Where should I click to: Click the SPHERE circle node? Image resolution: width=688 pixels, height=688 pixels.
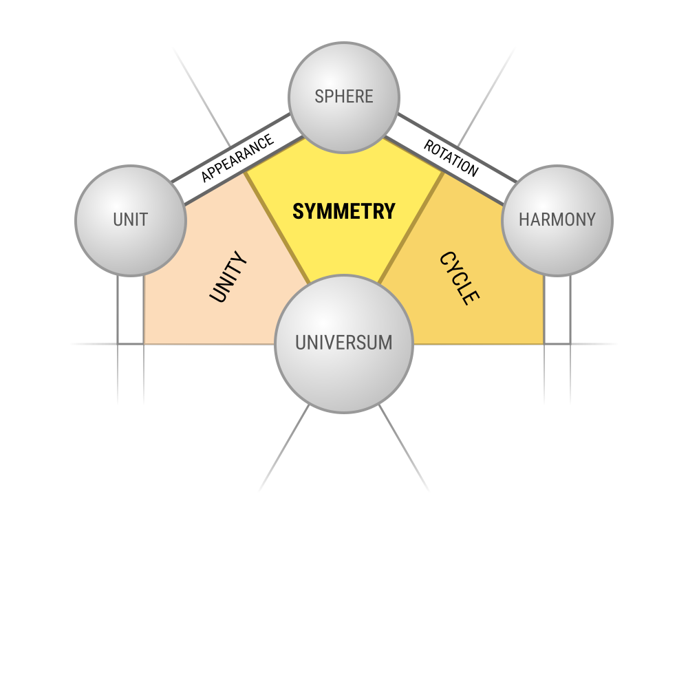(x=344, y=98)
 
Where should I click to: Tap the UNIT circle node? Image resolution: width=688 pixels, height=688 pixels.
(x=131, y=221)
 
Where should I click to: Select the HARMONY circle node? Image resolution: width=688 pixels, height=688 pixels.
(x=557, y=221)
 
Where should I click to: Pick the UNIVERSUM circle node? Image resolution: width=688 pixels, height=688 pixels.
(x=344, y=344)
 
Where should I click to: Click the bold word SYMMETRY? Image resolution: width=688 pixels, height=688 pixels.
(x=344, y=211)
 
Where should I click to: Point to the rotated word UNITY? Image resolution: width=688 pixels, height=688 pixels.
(x=228, y=277)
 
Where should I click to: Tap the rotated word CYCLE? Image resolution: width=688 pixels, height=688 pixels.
(x=460, y=278)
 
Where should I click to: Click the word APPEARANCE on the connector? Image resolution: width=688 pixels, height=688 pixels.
(x=237, y=158)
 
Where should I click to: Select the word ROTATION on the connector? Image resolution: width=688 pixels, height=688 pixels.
(x=451, y=158)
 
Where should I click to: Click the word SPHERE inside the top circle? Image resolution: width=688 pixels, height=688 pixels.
(x=344, y=96)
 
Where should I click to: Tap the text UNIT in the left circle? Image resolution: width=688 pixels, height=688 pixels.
(x=131, y=219)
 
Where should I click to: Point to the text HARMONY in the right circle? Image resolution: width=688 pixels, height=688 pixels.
(x=557, y=219)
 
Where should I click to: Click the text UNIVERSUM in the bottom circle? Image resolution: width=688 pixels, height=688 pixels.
(x=344, y=343)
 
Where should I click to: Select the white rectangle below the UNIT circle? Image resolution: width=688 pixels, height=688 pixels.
(x=131, y=310)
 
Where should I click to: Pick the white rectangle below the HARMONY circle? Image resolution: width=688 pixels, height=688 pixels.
(x=557, y=310)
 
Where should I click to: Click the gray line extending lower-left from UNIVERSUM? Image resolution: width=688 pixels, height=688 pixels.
(x=284, y=449)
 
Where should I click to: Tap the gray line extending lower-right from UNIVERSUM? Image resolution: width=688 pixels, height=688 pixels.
(x=404, y=449)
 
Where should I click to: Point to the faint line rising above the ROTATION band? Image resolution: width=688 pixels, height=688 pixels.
(x=486, y=98)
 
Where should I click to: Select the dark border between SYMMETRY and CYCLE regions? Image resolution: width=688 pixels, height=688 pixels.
(x=411, y=228)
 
